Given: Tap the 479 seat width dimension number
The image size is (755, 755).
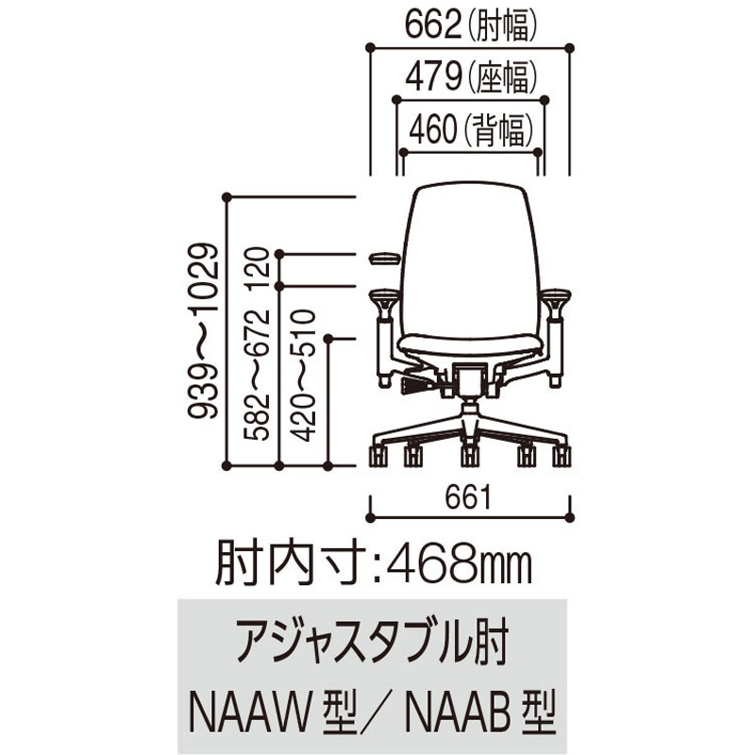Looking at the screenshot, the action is [x=433, y=77].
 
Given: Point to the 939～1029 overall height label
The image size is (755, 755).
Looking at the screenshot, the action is [x=203, y=331].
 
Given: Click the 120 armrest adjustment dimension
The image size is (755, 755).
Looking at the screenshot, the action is [x=256, y=269].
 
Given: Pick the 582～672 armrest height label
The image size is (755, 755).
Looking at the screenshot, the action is [x=256, y=376].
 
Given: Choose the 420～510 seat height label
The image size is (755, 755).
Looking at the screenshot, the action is [x=304, y=376].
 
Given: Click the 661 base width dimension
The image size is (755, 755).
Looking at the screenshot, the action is [x=468, y=497].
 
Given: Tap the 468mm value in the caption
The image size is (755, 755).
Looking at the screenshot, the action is [x=459, y=564].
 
